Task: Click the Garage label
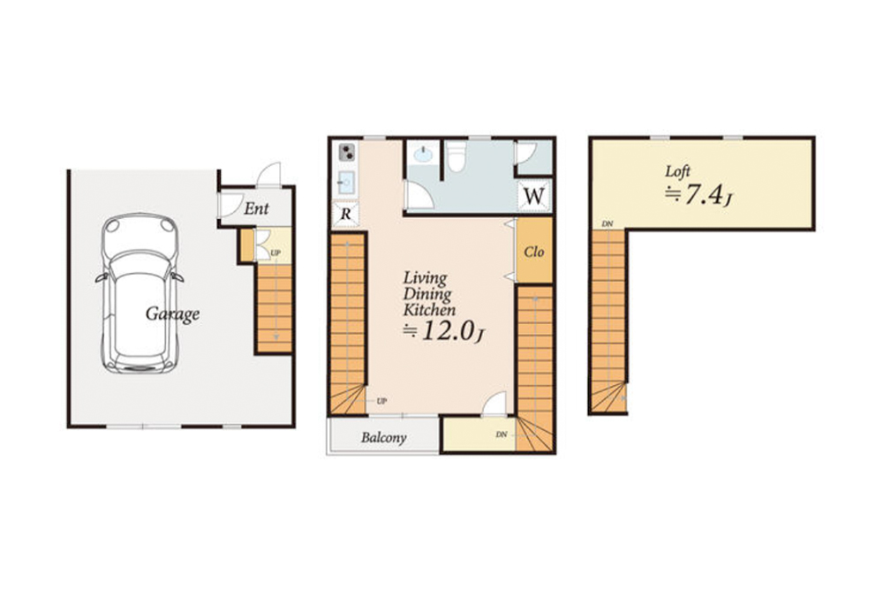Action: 172,314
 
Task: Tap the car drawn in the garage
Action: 140,293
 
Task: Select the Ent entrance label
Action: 256,209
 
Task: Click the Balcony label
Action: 383,437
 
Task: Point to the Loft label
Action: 677,171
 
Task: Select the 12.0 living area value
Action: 445,331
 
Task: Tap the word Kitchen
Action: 429,310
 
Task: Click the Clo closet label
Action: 534,251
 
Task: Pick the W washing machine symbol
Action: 534,196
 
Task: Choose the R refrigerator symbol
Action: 345,214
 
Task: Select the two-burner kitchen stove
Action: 347,152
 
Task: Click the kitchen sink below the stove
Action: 346,182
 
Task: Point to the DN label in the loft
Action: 608,224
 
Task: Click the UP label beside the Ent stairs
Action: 275,253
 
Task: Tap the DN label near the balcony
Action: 502,434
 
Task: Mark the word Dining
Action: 427,294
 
